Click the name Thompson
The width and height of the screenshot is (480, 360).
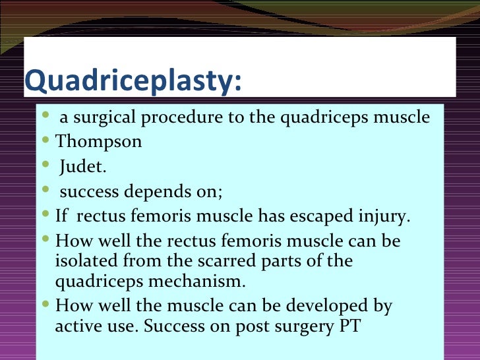[98, 142]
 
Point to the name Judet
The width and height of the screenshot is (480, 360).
[82, 166]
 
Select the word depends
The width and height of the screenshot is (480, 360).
[148, 192]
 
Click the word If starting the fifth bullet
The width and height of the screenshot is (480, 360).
[62, 216]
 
